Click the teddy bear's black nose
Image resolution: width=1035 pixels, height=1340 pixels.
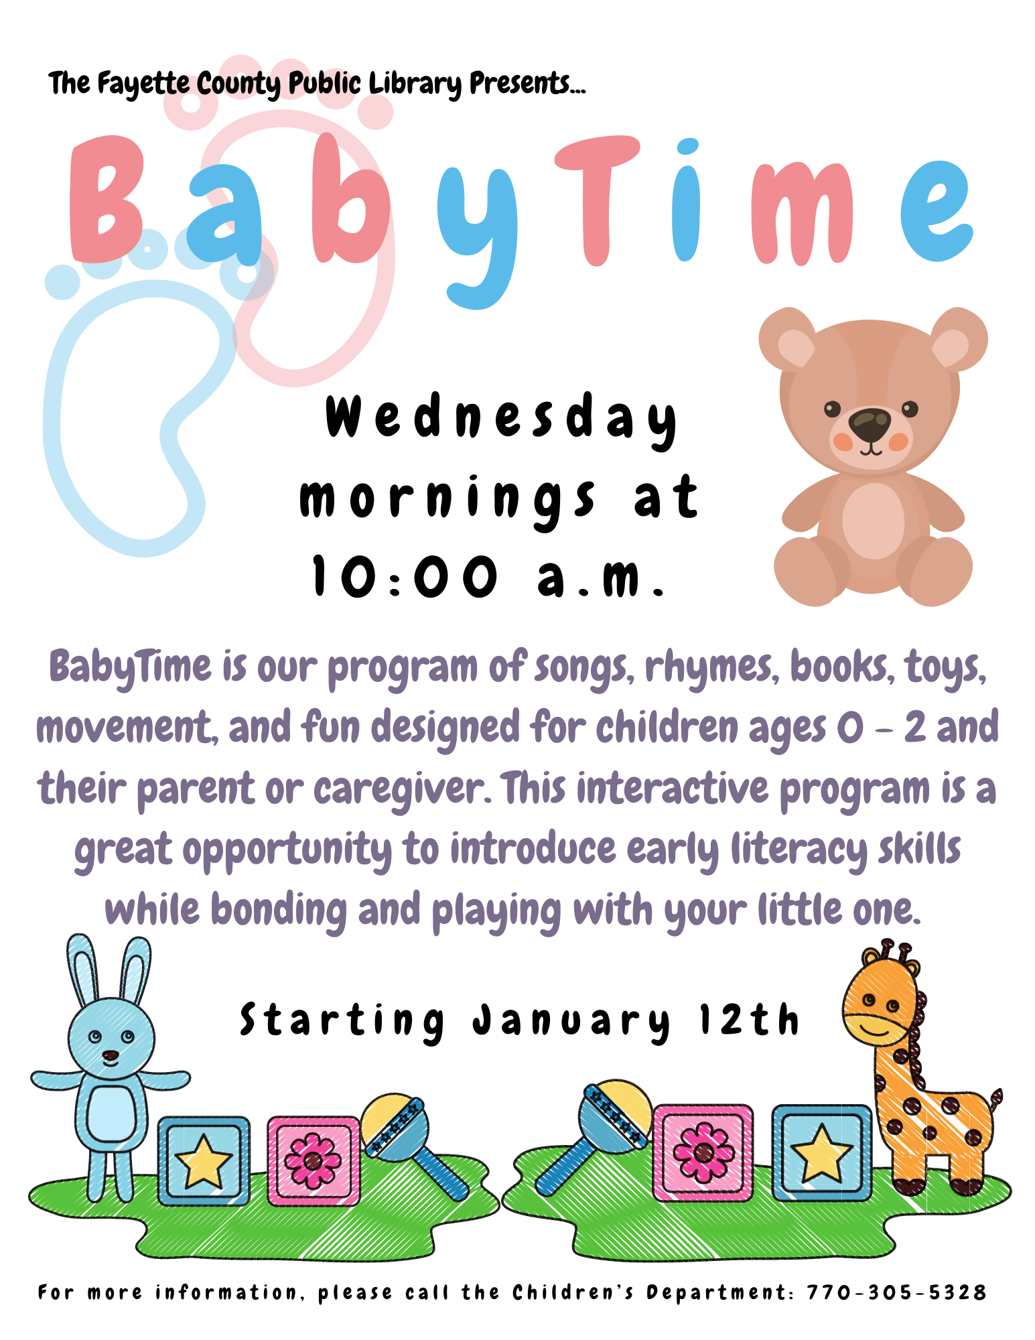(x=870, y=423)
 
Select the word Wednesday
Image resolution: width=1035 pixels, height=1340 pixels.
(x=501, y=419)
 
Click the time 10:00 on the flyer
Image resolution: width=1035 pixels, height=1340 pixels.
(x=406, y=576)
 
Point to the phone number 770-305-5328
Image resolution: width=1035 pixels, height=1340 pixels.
(x=896, y=1292)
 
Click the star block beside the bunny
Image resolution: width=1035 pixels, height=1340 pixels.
(x=204, y=1161)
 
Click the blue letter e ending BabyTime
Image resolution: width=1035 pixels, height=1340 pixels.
(x=936, y=211)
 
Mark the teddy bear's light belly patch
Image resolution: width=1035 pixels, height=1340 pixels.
(x=873, y=521)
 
